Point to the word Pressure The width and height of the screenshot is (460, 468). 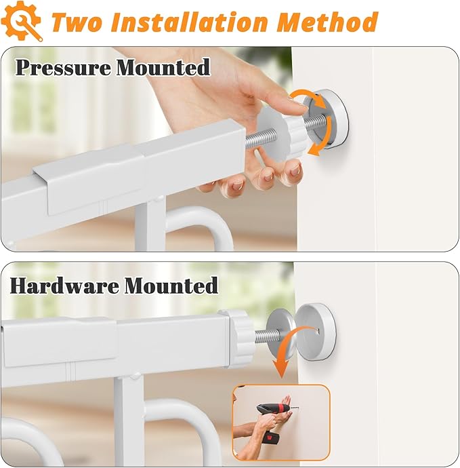[62, 67]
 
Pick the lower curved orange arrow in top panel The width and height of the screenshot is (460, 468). [320, 140]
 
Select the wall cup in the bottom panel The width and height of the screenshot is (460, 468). [316, 331]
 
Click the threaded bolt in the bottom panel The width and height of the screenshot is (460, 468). [262, 334]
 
